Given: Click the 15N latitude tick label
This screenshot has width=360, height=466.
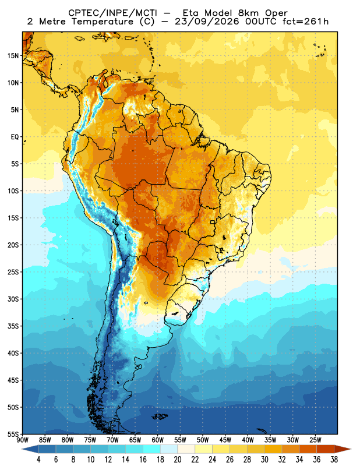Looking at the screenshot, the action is (13, 56).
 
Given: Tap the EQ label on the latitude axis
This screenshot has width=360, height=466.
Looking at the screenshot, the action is (15, 137).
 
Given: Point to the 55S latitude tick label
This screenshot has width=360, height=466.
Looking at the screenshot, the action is (13, 435).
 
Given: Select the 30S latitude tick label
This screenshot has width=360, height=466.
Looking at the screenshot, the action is (13, 299).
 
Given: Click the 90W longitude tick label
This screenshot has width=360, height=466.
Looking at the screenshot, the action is (23, 440).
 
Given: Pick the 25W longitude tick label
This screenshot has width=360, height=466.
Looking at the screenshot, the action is (315, 440).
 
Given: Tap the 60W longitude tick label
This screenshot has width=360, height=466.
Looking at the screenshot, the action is (157, 440).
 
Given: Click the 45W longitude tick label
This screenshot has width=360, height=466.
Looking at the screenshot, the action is (225, 440).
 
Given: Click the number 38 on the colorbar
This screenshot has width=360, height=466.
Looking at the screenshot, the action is (334, 460).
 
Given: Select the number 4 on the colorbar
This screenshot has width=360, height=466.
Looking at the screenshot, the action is (38, 460).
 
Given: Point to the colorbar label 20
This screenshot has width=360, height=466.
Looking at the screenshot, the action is (178, 460).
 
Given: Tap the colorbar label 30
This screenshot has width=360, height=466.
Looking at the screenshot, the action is (264, 460).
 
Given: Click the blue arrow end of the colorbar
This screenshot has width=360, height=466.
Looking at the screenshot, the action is (30, 449).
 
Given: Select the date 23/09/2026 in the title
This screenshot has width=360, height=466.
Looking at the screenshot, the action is (207, 22).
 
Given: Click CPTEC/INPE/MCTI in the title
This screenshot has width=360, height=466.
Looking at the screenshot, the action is (112, 13).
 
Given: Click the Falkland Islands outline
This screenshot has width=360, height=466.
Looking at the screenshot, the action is (160, 416).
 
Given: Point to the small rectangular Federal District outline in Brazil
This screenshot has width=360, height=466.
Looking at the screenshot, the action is (213, 222).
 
